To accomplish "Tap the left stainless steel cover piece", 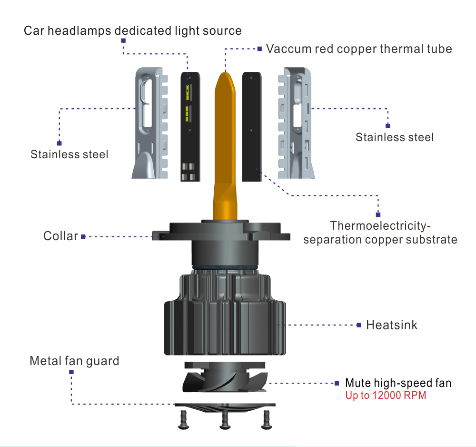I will point(151,124).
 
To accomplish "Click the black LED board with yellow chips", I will point(190,127).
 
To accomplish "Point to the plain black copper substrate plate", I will point(252,127).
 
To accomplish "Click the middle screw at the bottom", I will point(224,419).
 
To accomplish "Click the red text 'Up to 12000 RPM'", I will point(386,396).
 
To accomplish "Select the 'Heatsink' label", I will point(391,325).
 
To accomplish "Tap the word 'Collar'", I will point(60,236).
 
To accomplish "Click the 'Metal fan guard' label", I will point(74,361).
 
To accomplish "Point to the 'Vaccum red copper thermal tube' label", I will point(359,49).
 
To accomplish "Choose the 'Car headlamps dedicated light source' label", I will point(133,31).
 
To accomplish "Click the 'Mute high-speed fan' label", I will point(398,383).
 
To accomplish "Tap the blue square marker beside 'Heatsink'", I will point(359,325).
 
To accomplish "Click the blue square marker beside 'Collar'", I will point(83,236).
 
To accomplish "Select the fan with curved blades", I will point(224,381).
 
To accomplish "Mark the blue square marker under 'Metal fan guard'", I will point(71,372).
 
